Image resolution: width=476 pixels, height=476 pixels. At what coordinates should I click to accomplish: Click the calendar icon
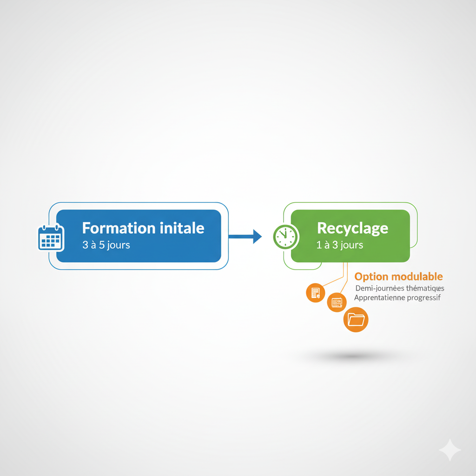click(51, 238)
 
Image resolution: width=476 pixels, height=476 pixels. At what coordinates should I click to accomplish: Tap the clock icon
click(286, 237)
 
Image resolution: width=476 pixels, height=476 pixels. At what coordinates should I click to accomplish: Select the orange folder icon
click(356, 320)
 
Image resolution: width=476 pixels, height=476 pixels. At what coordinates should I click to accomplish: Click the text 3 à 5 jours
click(106, 245)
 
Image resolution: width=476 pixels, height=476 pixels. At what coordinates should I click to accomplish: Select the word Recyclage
click(352, 229)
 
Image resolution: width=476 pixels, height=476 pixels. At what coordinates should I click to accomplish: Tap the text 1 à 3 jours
click(340, 245)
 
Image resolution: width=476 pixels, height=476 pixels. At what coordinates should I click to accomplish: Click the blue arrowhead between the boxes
click(257, 237)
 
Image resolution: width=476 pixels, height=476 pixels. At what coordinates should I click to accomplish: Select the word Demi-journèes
click(379, 288)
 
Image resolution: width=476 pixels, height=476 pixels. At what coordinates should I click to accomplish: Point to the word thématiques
click(425, 288)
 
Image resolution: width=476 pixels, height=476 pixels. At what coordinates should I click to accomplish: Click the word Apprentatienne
click(379, 298)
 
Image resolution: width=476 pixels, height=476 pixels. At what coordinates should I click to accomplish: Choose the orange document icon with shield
click(316, 293)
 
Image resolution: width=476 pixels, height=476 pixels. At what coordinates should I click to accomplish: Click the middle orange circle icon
click(337, 302)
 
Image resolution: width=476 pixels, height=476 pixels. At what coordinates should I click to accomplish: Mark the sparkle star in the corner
click(450, 450)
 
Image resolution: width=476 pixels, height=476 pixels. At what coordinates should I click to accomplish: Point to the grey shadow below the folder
click(352, 356)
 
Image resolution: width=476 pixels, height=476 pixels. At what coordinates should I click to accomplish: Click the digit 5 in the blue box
click(102, 245)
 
